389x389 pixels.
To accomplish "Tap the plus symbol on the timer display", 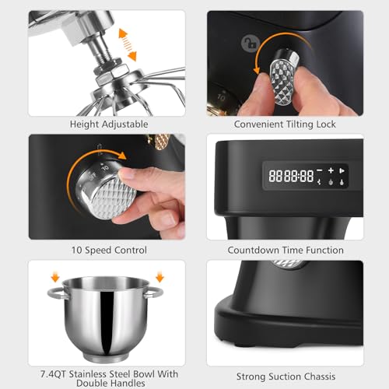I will tap(331, 170).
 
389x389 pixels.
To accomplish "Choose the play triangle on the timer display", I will tap(343, 170).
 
